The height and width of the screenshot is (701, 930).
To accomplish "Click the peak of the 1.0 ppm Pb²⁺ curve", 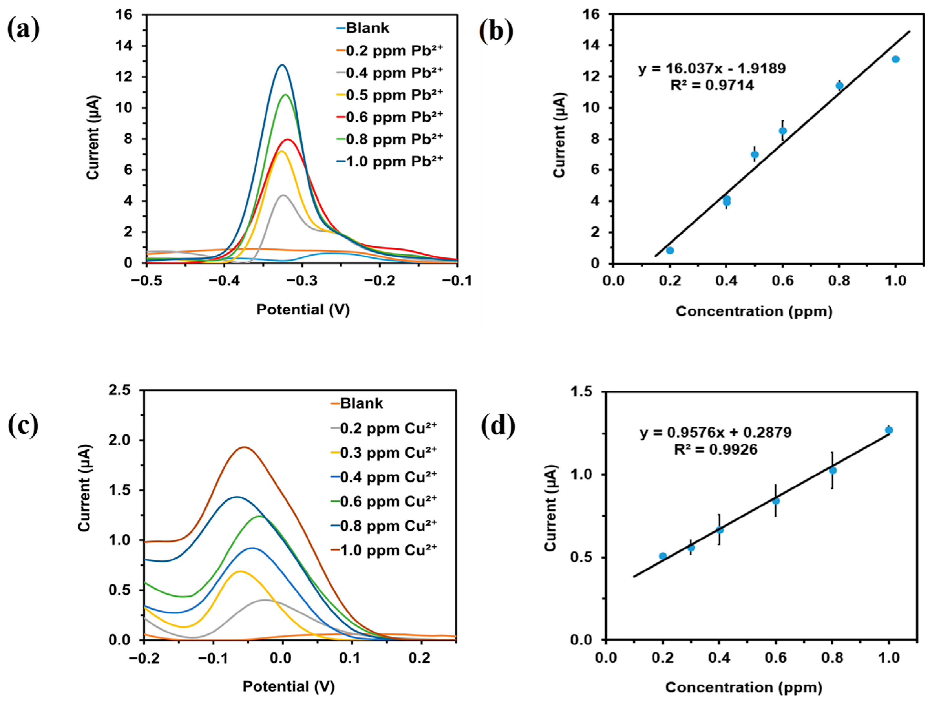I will click(282, 65).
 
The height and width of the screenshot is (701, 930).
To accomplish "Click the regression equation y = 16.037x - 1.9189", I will click(712, 68).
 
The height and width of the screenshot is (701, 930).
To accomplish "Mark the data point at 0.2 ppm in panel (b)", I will click(670, 250).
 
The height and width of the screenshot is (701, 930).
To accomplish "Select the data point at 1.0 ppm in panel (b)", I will click(895, 59).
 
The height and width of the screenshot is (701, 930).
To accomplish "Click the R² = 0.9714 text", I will click(712, 85).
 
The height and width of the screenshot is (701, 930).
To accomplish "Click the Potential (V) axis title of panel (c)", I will click(288, 686).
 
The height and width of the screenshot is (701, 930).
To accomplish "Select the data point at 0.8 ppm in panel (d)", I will click(832, 471).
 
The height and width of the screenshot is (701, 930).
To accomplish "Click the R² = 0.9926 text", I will click(715, 450).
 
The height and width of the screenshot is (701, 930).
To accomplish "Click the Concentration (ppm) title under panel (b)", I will click(754, 311).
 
